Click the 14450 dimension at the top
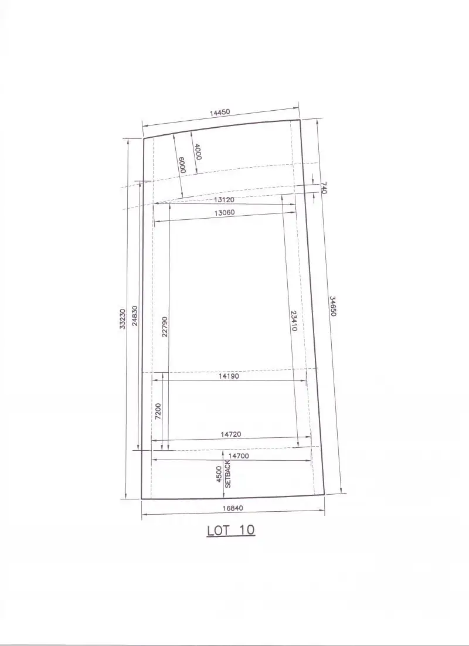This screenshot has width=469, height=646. click(x=220, y=113)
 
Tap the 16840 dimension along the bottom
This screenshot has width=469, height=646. click(x=233, y=508)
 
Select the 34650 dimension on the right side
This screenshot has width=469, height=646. click(x=332, y=306)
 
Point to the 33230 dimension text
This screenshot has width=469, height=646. click(x=123, y=319)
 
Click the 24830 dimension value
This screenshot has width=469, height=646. click(x=135, y=315)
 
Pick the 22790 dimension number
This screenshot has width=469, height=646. click(x=164, y=327)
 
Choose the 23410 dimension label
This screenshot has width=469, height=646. click(x=294, y=321)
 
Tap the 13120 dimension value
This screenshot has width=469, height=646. click(x=224, y=200)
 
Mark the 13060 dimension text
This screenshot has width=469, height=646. click(x=225, y=213)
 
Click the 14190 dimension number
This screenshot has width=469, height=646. click(x=229, y=376)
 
